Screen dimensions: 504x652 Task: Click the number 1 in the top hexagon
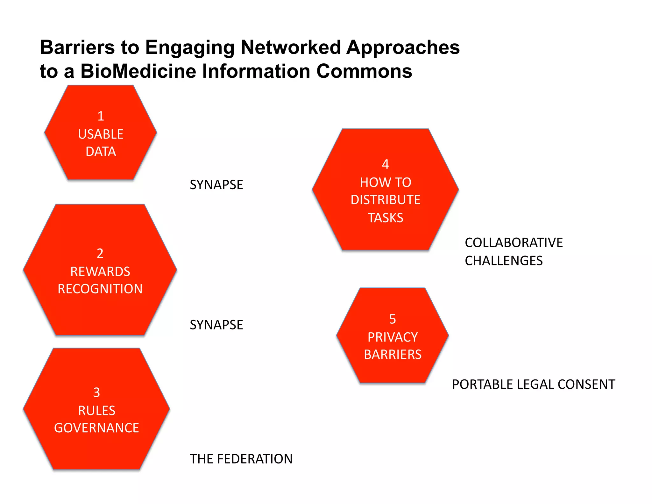(x=101, y=116)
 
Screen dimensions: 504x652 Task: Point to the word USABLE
(x=101, y=134)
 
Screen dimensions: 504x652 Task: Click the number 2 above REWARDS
(x=100, y=254)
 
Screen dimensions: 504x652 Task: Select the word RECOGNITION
(x=100, y=289)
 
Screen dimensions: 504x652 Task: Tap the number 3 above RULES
(x=96, y=392)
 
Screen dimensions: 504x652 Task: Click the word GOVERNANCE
(x=96, y=428)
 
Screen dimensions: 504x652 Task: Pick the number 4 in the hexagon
(x=385, y=164)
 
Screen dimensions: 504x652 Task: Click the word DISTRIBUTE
(x=385, y=200)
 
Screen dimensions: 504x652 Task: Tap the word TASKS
(x=385, y=218)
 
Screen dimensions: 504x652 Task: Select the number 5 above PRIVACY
(x=393, y=319)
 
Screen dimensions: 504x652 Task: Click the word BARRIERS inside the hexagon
(x=393, y=355)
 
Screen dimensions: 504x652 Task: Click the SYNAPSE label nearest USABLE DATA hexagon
(x=216, y=185)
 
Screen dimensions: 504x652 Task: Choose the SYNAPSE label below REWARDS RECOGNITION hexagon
(x=216, y=325)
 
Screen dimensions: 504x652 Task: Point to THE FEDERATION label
(x=241, y=459)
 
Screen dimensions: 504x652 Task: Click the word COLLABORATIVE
(x=514, y=243)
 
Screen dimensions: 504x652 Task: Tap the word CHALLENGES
(x=503, y=261)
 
